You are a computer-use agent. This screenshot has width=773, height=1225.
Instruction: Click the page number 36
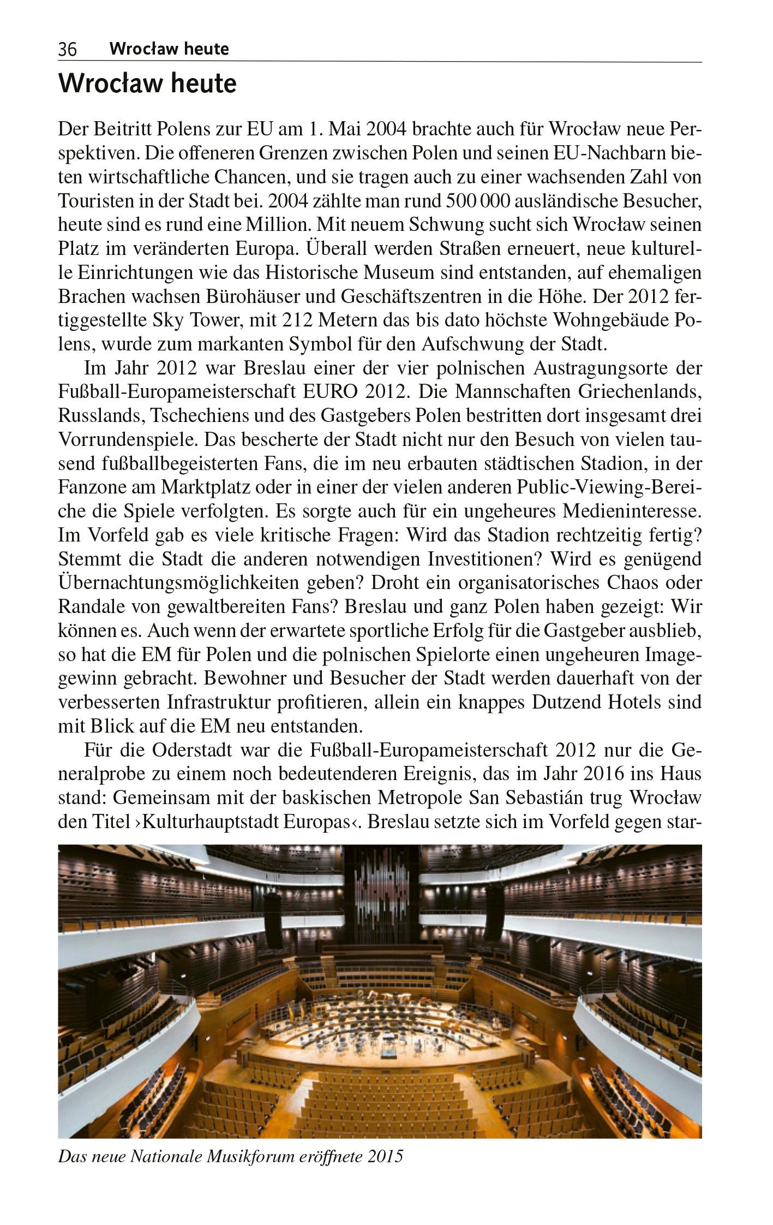(67, 50)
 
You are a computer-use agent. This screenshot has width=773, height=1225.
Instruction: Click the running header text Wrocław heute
(169, 49)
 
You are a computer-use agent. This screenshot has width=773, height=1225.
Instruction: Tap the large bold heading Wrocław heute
(147, 85)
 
